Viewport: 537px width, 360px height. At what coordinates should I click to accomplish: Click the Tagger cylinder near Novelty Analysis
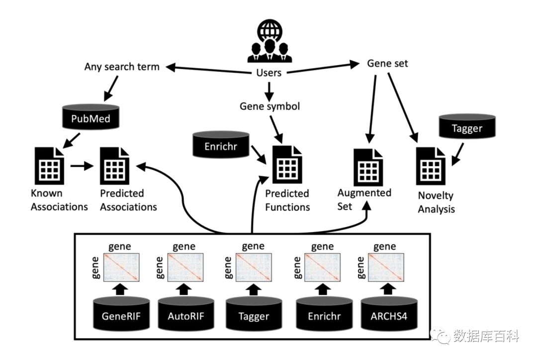467,128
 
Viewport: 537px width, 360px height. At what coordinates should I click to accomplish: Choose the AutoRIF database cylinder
186,313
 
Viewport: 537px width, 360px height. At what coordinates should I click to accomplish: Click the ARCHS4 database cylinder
388,313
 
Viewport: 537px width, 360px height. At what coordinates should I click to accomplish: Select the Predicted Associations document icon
115,167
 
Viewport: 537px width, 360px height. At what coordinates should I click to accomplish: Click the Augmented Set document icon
368,167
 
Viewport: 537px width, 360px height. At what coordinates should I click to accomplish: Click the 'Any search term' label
122,67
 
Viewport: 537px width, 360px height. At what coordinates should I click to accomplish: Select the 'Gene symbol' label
269,106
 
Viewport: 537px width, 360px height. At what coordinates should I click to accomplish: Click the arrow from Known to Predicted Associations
82,166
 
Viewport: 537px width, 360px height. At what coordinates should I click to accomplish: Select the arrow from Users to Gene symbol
269,90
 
